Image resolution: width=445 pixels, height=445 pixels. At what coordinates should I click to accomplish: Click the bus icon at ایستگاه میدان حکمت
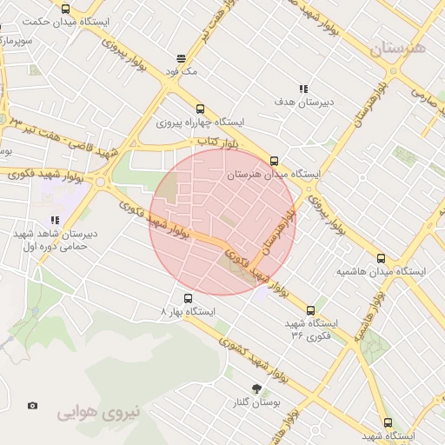click(x=67, y=8)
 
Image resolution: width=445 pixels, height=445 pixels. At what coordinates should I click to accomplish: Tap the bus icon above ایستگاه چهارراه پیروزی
click(x=201, y=109)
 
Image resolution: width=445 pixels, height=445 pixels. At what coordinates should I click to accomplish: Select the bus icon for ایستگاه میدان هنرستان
click(x=274, y=161)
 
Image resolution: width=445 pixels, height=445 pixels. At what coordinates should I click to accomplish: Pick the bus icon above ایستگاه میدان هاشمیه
click(x=381, y=258)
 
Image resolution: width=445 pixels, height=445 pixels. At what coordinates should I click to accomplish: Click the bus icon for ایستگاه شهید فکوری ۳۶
click(x=311, y=309)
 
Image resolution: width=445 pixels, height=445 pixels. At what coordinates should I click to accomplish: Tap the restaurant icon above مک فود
click(x=181, y=59)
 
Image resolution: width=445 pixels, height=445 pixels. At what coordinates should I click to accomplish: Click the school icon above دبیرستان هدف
click(x=303, y=89)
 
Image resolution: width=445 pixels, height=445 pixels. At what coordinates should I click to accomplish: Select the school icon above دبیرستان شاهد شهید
click(x=55, y=221)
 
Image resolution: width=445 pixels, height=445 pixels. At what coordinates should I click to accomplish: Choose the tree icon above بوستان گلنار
click(x=256, y=388)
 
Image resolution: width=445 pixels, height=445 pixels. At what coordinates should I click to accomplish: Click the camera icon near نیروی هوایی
click(x=33, y=405)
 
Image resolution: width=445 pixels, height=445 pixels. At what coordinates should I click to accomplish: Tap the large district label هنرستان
click(x=398, y=50)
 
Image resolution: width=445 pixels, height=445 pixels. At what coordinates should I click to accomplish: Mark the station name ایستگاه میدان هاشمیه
click(x=382, y=272)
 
